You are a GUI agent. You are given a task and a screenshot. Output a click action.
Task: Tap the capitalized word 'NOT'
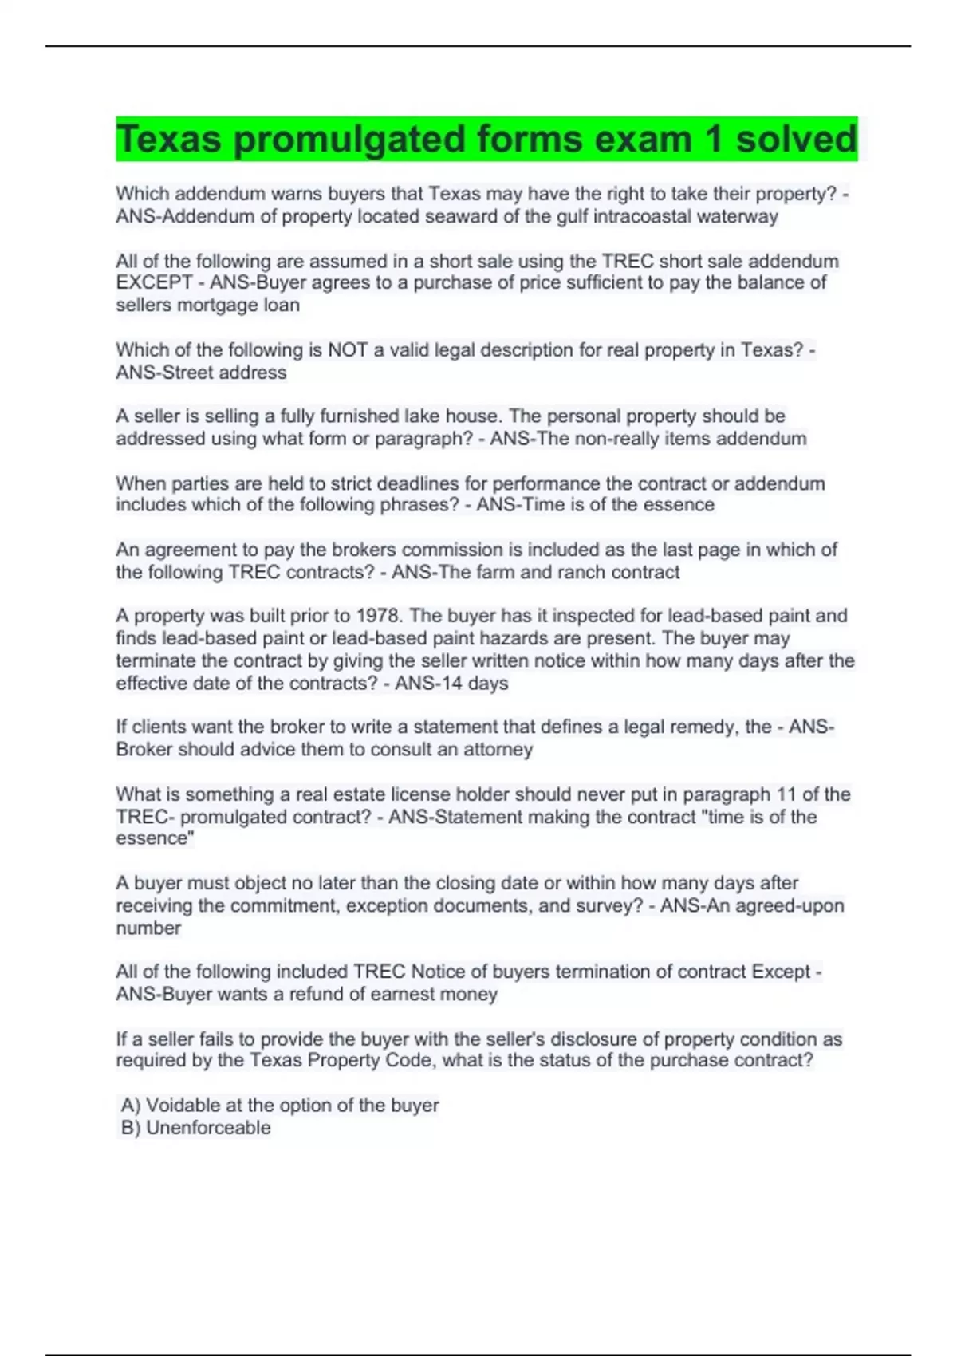[x=348, y=349]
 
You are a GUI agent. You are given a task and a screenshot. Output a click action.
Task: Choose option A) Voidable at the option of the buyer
[x=280, y=1106]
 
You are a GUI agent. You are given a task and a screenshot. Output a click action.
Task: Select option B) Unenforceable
[x=196, y=1128]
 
